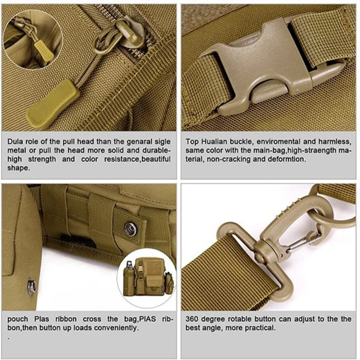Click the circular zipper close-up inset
point(27,40)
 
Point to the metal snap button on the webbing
point(130,228)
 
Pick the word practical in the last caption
point(259,328)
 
